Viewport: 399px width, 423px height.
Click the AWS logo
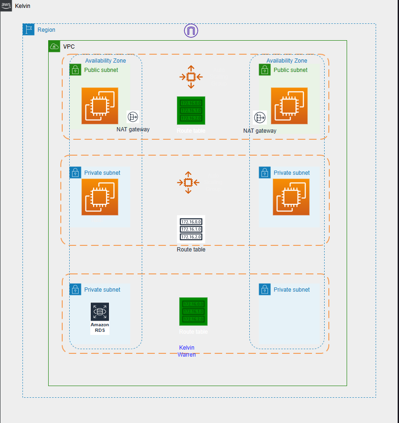(x=6, y=6)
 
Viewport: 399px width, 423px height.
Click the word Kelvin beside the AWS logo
(x=22, y=6)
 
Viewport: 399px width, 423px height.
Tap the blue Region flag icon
(x=29, y=30)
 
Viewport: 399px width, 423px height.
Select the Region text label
(x=46, y=30)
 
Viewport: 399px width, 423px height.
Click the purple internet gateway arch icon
(x=191, y=31)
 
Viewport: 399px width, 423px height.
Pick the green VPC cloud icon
(x=54, y=46)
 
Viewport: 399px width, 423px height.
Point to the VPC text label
(x=69, y=47)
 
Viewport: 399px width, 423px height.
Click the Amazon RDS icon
(x=100, y=318)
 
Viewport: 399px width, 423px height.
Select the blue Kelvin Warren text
(x=187, y=351)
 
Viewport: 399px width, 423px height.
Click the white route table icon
(x=191, y=229)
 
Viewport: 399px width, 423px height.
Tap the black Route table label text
(x=191, y=250)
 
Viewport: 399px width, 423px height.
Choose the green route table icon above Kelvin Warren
(x=193, y=311)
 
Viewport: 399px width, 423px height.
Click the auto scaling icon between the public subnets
(x=191, y=77)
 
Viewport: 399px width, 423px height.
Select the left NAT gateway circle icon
(x=133, y=117)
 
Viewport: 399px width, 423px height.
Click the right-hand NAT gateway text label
(x=260, y=131)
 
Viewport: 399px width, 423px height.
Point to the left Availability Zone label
(x=105, y=61)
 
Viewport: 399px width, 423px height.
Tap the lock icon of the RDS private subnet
(x=75, y=289)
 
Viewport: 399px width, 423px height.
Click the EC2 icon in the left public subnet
(x=100, y=106)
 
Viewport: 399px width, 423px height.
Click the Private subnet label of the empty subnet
(x=291, y=290)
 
